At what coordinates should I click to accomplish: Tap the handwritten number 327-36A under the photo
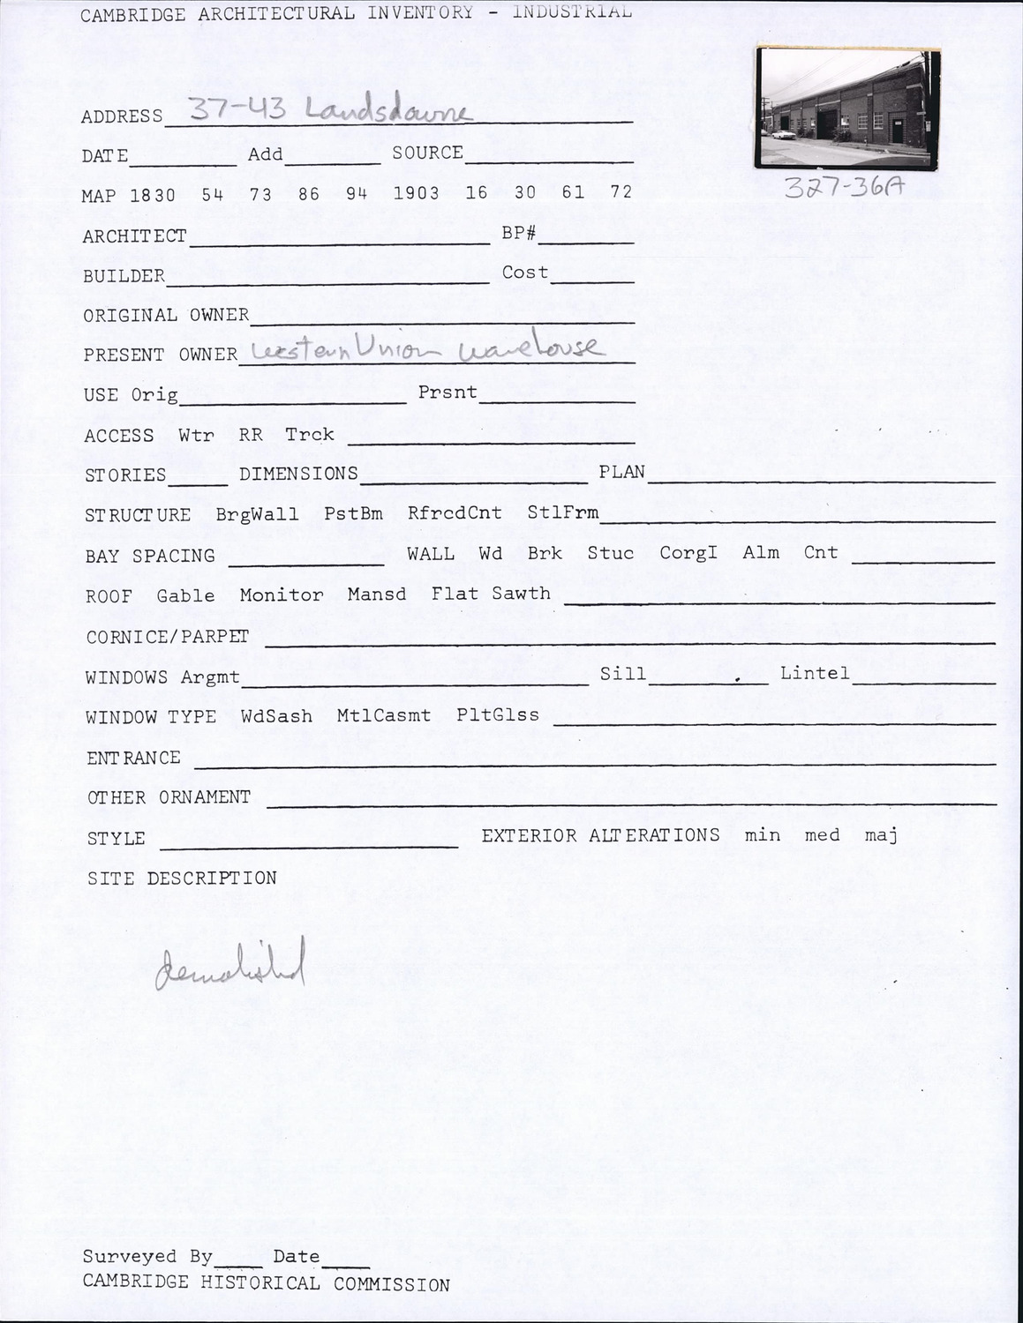[x=843, y=188]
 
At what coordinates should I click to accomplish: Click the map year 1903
[x=416, y=192]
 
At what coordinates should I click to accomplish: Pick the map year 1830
[x=153, y=195]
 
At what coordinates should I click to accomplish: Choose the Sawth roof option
[x=521, y=594]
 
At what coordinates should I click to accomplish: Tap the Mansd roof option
[x=377, y=594]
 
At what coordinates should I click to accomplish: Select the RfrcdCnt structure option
[x=455, y=513]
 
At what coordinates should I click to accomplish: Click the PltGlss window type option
[x=498, y=714]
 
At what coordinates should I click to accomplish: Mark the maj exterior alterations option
[x=881, y=834]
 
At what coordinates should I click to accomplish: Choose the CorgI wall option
[x=688, y=553]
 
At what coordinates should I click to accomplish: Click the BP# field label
[x=519, y=235]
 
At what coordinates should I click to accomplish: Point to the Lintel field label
[x=815, y=674]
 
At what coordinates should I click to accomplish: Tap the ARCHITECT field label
[x=134, y=236]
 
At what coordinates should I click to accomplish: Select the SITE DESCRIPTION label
[x=182, y=878]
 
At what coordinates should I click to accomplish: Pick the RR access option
[x=251, y=435]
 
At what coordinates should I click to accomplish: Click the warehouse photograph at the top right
[x=847, y=108]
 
